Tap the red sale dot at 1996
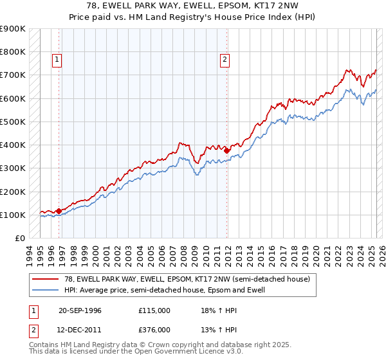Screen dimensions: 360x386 pos(59,210)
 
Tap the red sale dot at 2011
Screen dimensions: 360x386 pos(227,150)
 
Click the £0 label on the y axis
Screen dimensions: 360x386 pos(19,238)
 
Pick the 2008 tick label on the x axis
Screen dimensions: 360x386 pos(183,253)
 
